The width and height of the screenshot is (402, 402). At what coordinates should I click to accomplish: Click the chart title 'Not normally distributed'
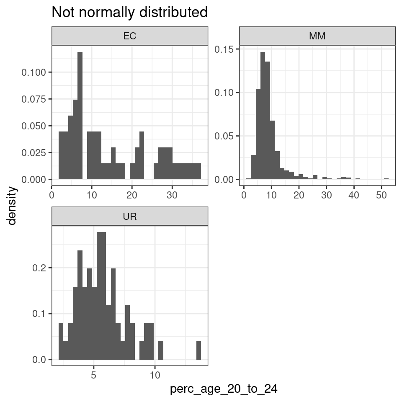pyautogui.click(x=129, y=13)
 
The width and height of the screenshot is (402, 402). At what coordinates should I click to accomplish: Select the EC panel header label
pyautogui.click(x=130, y=36)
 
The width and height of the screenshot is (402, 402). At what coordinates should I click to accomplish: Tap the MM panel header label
pyautogui.click(x=317, y=36)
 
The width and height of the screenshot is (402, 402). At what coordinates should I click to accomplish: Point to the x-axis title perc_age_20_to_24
pyautogui.click(x=224, y=389)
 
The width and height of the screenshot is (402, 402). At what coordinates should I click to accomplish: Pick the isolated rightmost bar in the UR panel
pyautogui.click(x=198, y=350)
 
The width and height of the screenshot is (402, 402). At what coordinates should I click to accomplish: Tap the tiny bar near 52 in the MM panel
pyautogui.click(x=386, y=179)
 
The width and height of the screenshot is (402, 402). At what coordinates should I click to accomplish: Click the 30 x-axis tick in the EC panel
pyautogui.click(x=172, y=195)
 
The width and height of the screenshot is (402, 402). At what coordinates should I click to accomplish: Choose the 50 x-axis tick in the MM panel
pyautogui.click(x=381, y=195)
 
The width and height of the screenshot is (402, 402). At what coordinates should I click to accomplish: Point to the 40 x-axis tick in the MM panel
pyautogui.click(x=354, y=195)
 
